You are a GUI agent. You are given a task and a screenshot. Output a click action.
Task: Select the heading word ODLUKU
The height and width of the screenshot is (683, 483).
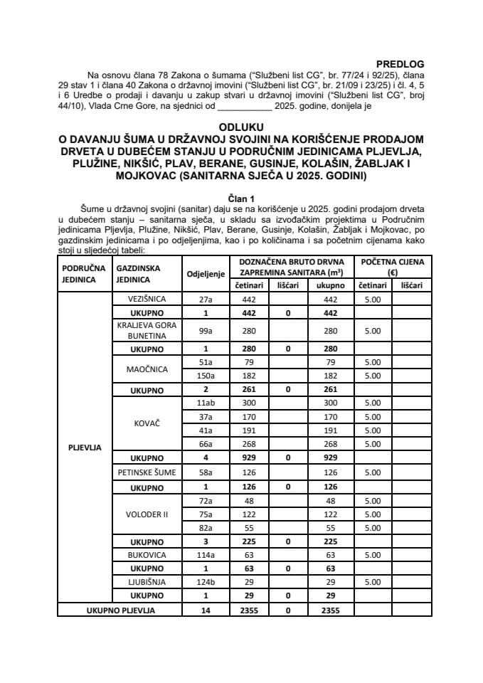tap(241, 122)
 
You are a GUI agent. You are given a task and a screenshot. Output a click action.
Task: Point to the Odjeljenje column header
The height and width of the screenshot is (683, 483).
tap(206, 274)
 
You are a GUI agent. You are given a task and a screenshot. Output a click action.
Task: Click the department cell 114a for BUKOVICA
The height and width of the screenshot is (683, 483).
tap(206, 554)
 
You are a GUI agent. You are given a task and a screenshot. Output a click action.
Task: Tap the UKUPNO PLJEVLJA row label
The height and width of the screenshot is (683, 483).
tap(120, 609)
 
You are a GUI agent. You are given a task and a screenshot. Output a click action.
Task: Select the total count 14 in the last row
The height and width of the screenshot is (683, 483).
tap(206, 609)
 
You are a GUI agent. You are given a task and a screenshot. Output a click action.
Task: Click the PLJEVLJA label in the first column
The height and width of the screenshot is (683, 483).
tap(84, 448)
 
